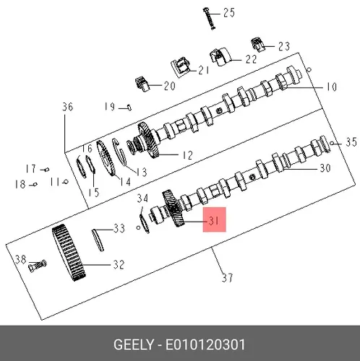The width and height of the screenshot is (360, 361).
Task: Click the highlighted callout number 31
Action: coord(214,220)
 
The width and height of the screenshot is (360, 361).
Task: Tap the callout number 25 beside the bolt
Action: coord(229,12)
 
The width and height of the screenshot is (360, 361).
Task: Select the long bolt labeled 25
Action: coord(209,19)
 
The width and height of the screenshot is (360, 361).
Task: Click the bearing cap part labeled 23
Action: coord(257,45)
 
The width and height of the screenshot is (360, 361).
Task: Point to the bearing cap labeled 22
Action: coord(220,57)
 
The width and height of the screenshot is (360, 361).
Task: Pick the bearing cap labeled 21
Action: coord(181,67)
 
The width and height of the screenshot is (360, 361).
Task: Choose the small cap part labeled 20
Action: coord(142,84)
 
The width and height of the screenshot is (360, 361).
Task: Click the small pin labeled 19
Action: coord(129,107)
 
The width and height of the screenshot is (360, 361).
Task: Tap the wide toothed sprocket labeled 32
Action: coord(69,253)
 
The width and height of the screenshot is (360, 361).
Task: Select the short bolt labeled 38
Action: coord(38,266)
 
